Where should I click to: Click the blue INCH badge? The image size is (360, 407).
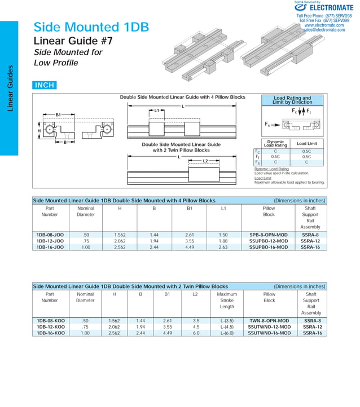click(45, 86)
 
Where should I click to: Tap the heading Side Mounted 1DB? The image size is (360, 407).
click(91, 27)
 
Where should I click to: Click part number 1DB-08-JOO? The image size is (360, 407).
click(50, 235)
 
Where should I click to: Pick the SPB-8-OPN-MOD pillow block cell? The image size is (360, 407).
click(269, 235)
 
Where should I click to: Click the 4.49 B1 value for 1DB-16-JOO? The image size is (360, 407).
click(190, 247)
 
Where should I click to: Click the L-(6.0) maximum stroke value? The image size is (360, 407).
click(226, 333)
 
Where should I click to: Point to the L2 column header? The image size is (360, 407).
click(196, 294)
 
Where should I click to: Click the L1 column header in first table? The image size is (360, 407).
click(224, 208)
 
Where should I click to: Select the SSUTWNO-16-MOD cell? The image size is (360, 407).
click(269, 333)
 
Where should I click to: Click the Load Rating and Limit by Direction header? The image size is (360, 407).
click(292, 100)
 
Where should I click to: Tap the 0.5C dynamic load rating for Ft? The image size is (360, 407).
click(275, 157)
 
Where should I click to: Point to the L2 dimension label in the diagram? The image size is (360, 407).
click(206, 161)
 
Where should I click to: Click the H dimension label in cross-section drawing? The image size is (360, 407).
click(39, 131)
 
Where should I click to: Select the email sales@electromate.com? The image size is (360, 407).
click(325, 30)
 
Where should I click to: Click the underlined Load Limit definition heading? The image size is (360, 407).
click(262, 178)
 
